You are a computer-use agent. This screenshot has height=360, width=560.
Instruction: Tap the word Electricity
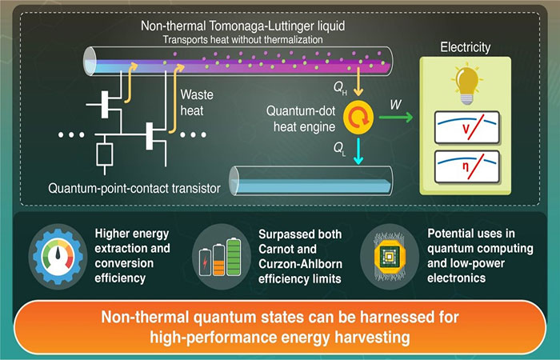[x=466, y=48]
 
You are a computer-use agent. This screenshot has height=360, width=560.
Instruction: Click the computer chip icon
[x=386, y=255]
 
